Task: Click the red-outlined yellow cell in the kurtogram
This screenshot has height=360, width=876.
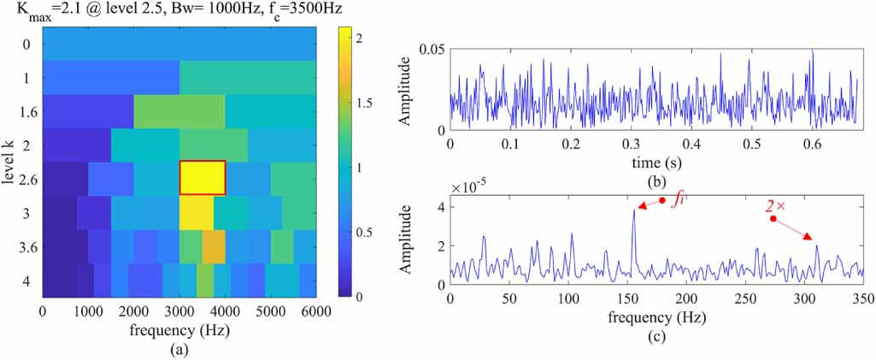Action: [202, 177]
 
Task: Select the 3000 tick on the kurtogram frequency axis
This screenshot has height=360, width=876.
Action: [179, 313]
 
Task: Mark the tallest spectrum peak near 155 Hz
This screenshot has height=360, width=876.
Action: [633, 211]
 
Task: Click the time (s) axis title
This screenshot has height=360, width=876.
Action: [656, 162]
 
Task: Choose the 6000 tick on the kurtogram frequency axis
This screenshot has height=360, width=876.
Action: [316, 313]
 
